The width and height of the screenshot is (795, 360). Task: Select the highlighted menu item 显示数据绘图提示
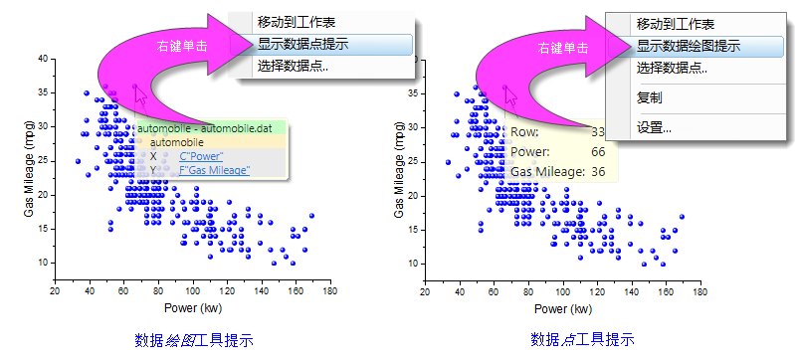click(688, 46)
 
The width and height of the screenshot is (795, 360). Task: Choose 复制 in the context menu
click(650, 97)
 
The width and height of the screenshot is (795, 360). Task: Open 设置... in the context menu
click(654, 127)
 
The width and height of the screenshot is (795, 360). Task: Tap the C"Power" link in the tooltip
click(202, 156)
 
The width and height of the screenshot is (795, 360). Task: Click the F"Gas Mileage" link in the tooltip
click(215, 170)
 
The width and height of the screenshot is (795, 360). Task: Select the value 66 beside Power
click(598, 152)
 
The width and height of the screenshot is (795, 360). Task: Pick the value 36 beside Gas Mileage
click(598, 172)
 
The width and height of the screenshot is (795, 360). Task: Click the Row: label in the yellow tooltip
click(526, 132)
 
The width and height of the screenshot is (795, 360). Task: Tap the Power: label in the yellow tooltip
click(531, 152)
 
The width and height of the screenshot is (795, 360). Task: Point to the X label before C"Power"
click(153, 156)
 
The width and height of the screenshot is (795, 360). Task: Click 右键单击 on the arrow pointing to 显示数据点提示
click(182, 47)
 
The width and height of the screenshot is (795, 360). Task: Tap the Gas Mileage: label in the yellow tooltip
click(544, 172)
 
